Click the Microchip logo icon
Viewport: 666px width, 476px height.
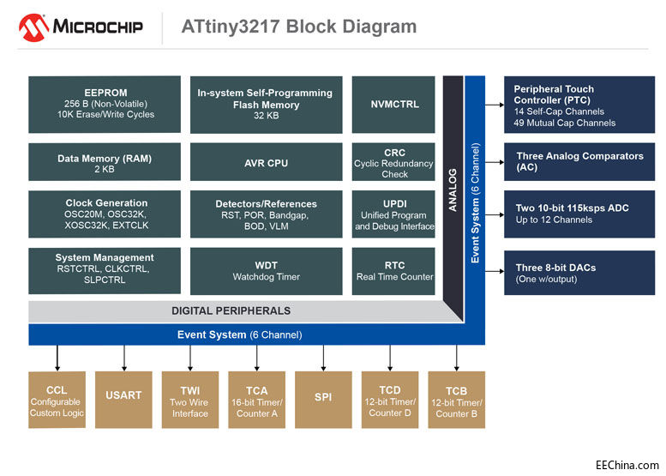click(x=33, y=27)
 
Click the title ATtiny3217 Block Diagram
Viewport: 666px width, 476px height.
click(x=298, y=27)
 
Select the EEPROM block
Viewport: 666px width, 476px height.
click(x=105, y=104)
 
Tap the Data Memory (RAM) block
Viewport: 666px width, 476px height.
click(x=105, y=163)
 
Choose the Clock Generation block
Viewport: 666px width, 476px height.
click(x=105, y=214)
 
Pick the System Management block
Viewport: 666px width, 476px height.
click(x=105, y=269)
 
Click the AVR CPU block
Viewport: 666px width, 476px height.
click(x=266, y=163)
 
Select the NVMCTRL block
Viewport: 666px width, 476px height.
click(x=395, y=104)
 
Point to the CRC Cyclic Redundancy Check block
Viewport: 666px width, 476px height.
click(x=395, y=163)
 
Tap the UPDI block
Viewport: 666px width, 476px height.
click(x=395, y=214)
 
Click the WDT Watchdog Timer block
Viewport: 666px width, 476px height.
click(x=266, y=271)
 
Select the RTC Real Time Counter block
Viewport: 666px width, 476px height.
click(x=395, y=271)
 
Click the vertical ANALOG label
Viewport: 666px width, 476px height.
click(x=453, y=190)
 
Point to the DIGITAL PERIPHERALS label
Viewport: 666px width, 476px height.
click(x=231, y=310)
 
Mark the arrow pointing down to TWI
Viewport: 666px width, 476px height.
click(x=190, y=357)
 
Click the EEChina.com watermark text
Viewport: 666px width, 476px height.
click(x=627, y=465)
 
